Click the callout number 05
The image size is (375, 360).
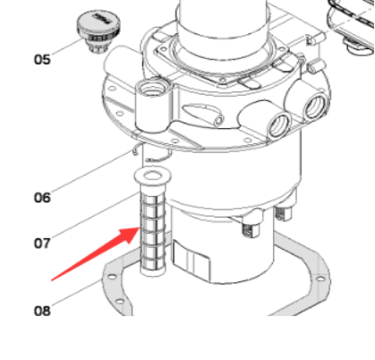coord(42,59)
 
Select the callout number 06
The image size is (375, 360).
coord(42,198)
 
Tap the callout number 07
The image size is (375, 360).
coord(42,244)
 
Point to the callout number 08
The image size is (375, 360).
coord(42,311)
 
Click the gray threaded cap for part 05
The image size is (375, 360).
coord(98,31)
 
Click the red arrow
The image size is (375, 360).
coord(96,254)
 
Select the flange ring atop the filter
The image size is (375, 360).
coord(153,176)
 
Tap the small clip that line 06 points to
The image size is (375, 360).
coord(136,150)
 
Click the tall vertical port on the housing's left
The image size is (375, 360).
coord(153,106)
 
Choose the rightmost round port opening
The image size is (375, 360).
coord(315,106)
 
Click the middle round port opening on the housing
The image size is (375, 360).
coord(280,124)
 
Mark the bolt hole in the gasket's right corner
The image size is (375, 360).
coord(320,279)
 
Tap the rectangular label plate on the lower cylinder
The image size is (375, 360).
coord(192,259)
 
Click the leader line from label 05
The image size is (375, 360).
coord(67,47)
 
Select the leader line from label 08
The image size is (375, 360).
coord(77,293)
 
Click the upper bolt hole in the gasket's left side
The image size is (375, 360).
coord(112,277)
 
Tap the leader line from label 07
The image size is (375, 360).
coord(96,215)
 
